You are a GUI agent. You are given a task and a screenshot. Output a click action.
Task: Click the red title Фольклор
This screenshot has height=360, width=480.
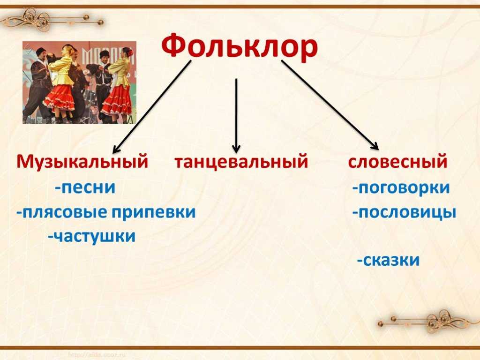click(240, 46)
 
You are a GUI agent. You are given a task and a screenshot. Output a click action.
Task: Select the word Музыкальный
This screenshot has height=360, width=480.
click(82, 161)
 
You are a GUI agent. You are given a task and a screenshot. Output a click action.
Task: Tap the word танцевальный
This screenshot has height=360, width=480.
click(241, 162)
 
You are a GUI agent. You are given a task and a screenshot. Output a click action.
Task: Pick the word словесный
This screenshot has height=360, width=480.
click(397, 161)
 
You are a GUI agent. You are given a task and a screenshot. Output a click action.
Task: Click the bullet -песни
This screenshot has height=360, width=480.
click(85, 187)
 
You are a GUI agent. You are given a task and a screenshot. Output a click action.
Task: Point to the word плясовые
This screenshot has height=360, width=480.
click(66, 212)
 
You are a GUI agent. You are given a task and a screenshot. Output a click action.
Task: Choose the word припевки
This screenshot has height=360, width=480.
click(153, 212)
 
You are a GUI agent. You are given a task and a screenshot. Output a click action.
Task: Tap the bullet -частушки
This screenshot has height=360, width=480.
click(91, 236)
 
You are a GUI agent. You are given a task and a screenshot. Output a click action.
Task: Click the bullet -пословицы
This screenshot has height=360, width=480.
click(405, 212)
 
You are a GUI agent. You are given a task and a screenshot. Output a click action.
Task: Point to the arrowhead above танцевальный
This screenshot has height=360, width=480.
click(236, 149)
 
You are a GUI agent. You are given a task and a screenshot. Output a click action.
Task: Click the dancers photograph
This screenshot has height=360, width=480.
click(79, 82)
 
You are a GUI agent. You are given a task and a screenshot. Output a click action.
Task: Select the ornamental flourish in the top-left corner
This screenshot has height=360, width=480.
click(52, 19)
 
